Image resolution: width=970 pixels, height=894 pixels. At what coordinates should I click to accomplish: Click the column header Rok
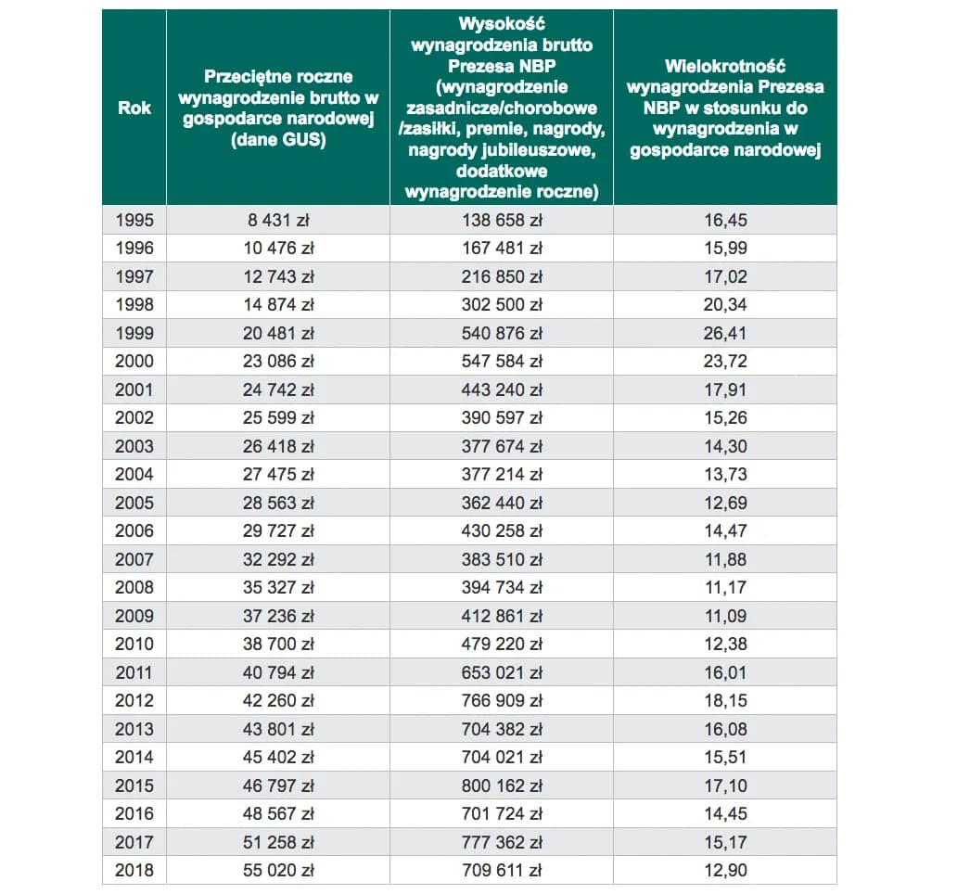[x=134, y=108]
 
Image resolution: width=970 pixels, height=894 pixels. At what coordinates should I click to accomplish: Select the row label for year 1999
[x=134, y=333]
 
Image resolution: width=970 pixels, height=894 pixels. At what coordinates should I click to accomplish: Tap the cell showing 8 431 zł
[x=278, y=220]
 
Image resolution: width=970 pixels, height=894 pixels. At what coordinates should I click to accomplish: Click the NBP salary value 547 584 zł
[x=502, y=361]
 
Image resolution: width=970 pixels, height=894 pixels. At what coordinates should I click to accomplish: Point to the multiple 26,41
[x=725, y=333]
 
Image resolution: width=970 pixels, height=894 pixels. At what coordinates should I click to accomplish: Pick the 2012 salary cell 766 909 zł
[x=502, y=700]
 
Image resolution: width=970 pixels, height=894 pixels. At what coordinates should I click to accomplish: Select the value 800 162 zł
[x=502, y=785]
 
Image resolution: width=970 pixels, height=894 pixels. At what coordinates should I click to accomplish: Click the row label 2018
[x=134, y=870]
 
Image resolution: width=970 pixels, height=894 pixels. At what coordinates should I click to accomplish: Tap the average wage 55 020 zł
[x=278, y=870]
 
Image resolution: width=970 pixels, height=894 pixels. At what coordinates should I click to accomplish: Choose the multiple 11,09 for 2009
[x=725, y=616]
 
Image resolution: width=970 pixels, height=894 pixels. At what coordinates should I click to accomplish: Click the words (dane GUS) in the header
[x=278, y=140]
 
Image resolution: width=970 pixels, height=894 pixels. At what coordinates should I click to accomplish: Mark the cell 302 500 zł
[x=502, y=304]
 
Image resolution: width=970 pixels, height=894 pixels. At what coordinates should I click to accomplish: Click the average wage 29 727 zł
[x=278, y=530]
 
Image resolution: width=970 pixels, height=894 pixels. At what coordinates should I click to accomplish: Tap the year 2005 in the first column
[x=134, y=503]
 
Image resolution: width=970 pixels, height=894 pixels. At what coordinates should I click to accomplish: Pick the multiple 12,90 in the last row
[x=725, y=870]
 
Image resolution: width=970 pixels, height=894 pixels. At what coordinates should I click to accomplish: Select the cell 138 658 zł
[x=502, y=220]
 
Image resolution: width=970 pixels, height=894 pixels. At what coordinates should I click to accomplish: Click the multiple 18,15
[x=725, y=700]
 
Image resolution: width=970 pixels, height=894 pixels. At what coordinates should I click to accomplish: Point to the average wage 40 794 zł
[x=278, y=672]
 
